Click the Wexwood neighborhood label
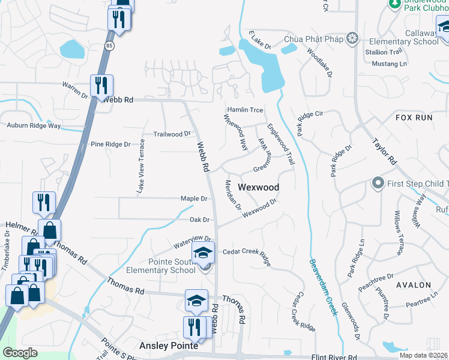[258, 187]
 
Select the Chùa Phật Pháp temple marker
[352, 39]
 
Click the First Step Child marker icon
[378, 182]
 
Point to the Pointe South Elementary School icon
[203, 252]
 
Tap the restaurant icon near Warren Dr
[100, 85]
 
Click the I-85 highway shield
[109, 45]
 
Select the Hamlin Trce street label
[244, 110]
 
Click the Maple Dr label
[194, 199]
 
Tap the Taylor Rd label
[385, 152]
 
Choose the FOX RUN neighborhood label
[414, 118]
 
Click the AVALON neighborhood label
[413, 284]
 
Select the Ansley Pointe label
[169, 346]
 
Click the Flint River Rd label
[339, 358]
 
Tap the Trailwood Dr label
[172, 134]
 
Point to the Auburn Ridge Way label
[34, 126]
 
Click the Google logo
[20, 353]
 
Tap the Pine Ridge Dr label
[110, 145]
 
